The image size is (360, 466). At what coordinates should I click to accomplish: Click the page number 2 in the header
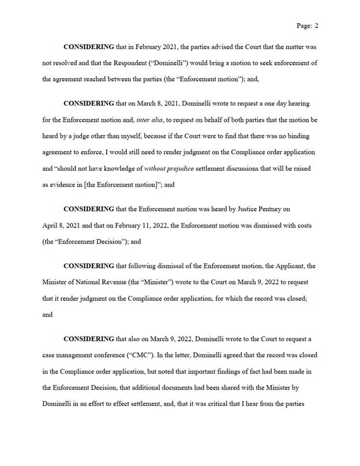(x=317, y=25)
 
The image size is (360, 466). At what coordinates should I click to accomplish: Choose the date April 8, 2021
(x=63, y=225)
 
